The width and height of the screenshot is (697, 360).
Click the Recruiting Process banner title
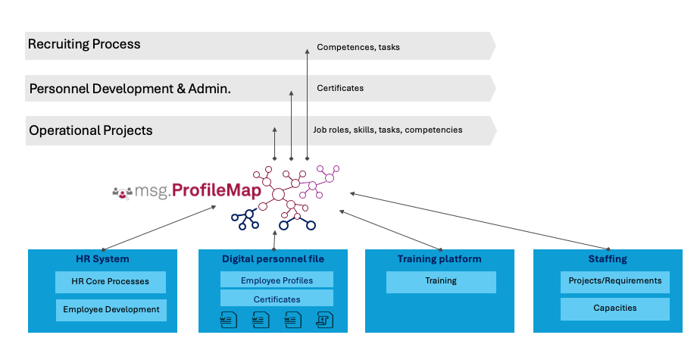84,45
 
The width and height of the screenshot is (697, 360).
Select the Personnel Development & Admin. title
130,89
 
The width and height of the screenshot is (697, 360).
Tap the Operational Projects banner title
91,130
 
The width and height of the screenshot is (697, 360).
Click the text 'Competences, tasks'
358,47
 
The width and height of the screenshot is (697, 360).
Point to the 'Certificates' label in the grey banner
340,88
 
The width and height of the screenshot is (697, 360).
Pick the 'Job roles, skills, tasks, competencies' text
387,130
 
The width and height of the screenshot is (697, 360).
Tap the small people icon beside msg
122,193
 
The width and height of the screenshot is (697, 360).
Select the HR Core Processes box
111,282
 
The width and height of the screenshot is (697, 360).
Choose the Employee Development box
111,309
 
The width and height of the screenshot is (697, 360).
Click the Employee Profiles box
277,280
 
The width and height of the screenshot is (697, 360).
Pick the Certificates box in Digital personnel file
277,299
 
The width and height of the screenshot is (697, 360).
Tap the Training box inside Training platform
441,281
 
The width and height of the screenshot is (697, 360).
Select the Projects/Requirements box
615,281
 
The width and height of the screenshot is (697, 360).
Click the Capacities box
615,308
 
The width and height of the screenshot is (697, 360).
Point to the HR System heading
102,259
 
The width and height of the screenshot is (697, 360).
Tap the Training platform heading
439,259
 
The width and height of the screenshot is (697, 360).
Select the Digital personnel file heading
273,259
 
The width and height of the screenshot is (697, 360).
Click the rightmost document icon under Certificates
324,319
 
